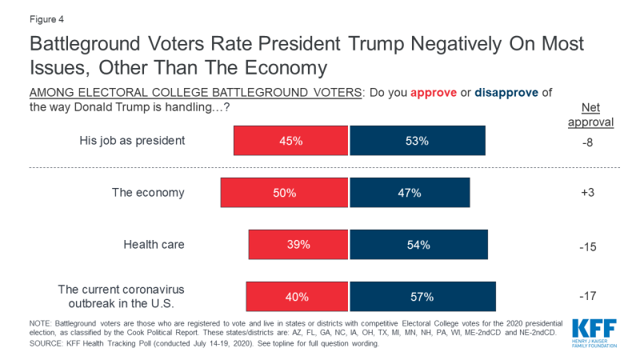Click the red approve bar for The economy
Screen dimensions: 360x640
(285, 193)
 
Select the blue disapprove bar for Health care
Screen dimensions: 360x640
(418, 245)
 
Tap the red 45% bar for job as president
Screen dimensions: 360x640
(291, 141)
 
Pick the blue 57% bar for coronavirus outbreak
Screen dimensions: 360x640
(422, 297)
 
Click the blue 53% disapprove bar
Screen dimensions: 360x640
(418, 141)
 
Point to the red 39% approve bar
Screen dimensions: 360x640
(298, 245)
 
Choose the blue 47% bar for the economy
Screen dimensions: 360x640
(410, 193)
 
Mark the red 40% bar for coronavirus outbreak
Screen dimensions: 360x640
(297, 297)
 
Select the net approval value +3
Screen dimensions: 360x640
(588, 193)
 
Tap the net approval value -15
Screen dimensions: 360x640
(588, 245)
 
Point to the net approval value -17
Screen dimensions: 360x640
(588, 297)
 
